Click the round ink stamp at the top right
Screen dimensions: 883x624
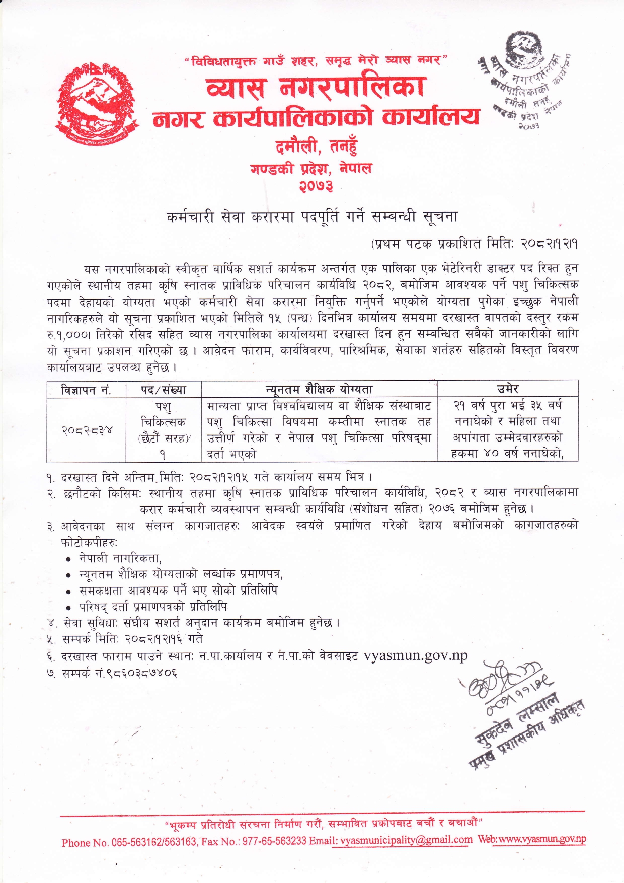click(524, 81)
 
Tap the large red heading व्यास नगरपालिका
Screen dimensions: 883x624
click(316, 87)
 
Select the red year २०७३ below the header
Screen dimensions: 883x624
click(316, 186)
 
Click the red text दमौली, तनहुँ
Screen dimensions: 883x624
click(316, 146)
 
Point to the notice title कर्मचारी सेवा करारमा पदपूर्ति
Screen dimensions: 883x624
click(312, 216)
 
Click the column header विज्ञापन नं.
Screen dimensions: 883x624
click(86, 389)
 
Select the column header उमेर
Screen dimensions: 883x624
click(507, 389)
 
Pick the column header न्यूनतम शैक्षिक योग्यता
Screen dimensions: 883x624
click(319, 389)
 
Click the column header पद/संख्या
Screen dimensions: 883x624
click(163, 389)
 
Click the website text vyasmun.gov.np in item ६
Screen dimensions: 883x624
click(416, 655)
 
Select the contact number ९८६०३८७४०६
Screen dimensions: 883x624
click(136, 673)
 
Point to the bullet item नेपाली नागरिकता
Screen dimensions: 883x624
click(120, 558)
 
